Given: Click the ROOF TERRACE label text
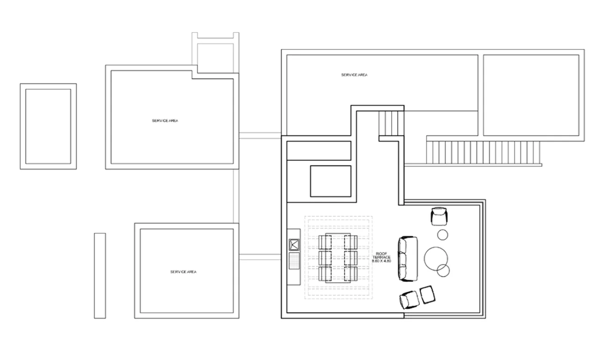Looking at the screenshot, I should click(381, 257).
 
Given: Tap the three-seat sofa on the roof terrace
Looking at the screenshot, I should click(407, 259).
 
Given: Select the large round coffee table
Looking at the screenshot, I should click(437, 259).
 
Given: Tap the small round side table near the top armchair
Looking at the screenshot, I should click(443, 234).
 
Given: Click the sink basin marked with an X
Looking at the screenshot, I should click(294, 244).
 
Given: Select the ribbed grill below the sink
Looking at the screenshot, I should click(294, 261).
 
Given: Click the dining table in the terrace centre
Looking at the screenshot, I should click(337, 257).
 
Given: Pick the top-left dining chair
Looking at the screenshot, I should click(325, 242).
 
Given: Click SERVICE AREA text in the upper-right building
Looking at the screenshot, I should click(354, 75).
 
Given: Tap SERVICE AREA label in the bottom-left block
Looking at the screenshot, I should click(183, 272).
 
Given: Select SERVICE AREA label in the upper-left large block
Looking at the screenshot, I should click(165, 121).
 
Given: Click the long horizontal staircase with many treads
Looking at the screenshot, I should click(483, 153).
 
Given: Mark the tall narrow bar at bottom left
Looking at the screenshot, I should click(100, 276).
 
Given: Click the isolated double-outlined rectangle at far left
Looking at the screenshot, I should click(48, 126).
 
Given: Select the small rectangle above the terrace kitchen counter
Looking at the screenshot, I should click(330, 181).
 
